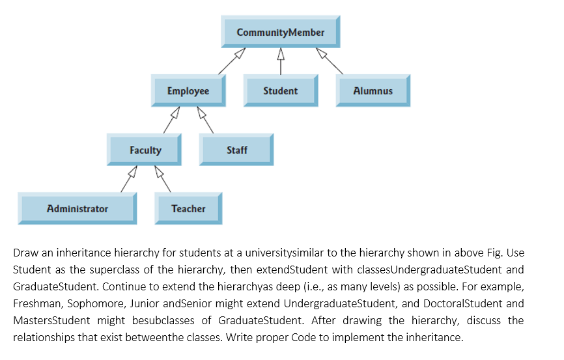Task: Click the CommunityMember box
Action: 280,33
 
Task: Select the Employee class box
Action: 188,91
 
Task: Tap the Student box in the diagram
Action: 280,91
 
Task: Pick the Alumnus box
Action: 373,91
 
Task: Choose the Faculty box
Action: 145,150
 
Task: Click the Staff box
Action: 236,150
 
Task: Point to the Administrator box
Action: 78,209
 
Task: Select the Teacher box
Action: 188,209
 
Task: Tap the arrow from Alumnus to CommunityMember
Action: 330,61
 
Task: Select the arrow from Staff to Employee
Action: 205,121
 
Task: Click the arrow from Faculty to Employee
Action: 171,121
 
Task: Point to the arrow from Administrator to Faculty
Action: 128,180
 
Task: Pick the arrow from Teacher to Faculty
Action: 162,180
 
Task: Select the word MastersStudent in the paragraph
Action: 48,320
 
